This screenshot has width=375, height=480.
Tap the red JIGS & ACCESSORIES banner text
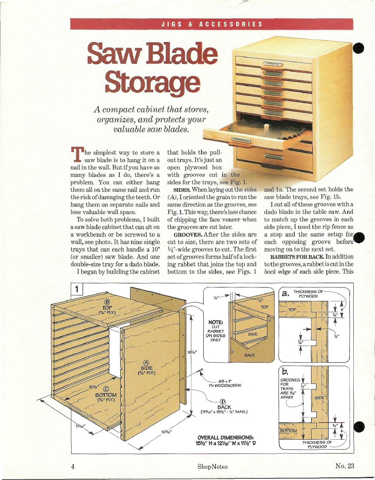click(x=212, y=24)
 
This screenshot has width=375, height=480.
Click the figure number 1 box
click(x=76, y=289)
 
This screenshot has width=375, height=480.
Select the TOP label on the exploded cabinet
click(x=107, y=307)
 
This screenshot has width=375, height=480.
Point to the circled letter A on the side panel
click(x=146, y=363)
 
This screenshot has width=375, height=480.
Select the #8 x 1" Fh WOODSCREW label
click(x=225, y=383)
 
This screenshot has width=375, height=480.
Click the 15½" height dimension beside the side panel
click(x=191, y=352)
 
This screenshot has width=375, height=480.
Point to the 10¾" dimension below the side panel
click(x=167, y=432)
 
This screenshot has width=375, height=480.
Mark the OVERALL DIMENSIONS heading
click(x=226, y=438)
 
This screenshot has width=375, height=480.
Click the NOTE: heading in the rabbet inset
click(x=215, y=322)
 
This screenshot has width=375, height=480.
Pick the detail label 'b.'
click(x=285, y=372)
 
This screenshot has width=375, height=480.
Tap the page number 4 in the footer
click(x=72, y=466)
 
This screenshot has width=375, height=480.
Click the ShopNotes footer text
click(x=213, y=467)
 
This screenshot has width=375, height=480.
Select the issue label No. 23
click(x=345, y=466)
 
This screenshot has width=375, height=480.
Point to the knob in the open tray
click(x=266, y=126)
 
